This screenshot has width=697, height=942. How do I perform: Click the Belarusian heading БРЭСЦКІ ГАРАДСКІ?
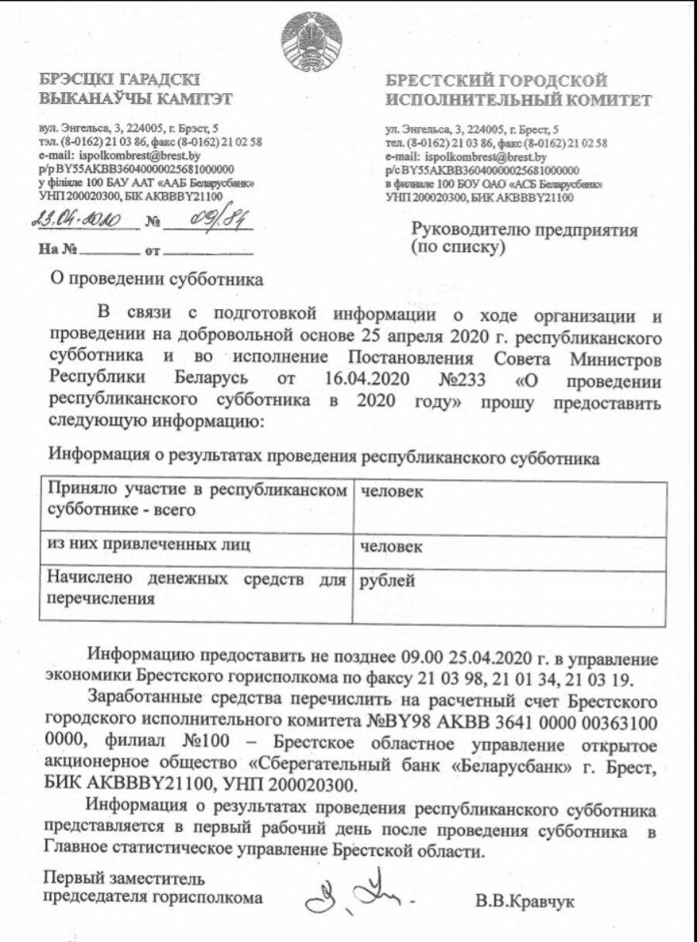pos(119,81)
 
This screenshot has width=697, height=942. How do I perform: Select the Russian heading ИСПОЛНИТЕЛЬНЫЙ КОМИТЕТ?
pos(518,101)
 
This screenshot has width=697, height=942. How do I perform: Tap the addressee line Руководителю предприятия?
pos(524,230)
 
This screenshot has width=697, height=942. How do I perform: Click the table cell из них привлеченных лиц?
pos(148,545)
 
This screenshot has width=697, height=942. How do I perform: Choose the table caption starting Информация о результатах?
pos(323,457)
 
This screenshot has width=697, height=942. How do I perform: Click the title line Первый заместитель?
pos(124,879)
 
